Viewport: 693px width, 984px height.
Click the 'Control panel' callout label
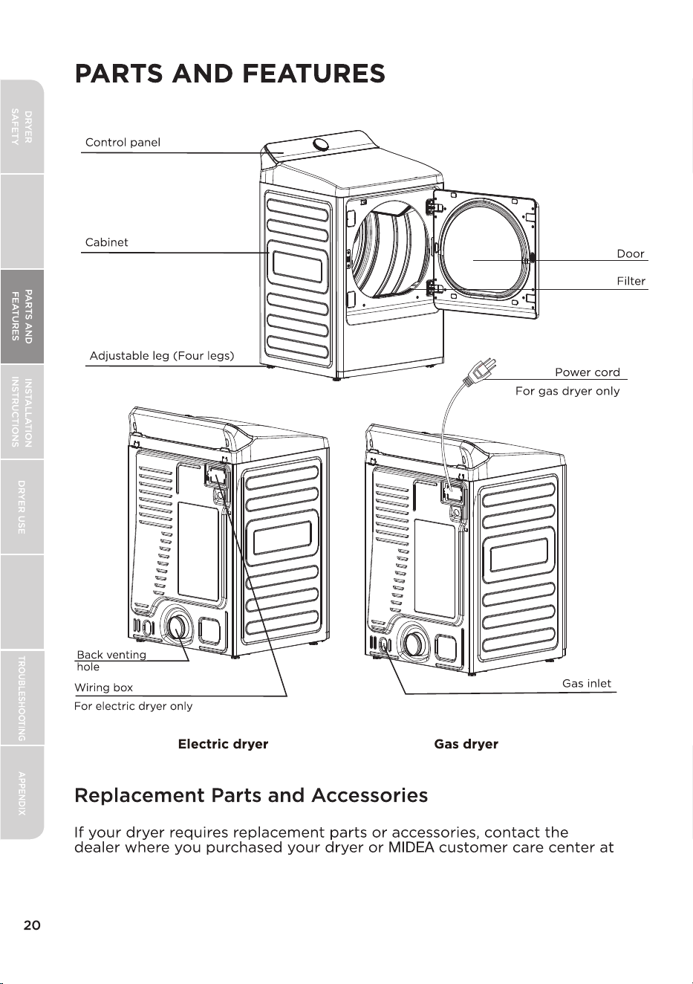click(x=123, y=143)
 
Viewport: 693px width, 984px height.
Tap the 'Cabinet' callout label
click(x=107, y=242)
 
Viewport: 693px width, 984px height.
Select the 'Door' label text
click(x=630, y=253)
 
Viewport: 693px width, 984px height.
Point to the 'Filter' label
click(x=631, y=281)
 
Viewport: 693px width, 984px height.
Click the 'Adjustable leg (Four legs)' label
click(x=162, y=355)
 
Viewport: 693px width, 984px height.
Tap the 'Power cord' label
click(x=588, y=372)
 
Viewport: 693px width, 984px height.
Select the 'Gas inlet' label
click(x=586, y=683)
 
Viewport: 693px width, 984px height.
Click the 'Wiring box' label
click(x=104, y=687)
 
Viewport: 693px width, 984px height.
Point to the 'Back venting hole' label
click(x=111, y=661)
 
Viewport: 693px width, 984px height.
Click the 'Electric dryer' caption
click(x=223, y=744)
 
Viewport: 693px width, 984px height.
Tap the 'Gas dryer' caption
click(x=466, y=744)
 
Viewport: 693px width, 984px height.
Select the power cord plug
click(x=482, y=370)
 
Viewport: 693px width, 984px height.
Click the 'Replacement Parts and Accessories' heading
click(x=251, y=795)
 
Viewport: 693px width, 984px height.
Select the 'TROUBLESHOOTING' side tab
click(x=22, y=698)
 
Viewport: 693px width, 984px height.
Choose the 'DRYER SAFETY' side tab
click(x=22, y=126)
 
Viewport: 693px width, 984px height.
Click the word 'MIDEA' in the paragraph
click(x=411, y=847)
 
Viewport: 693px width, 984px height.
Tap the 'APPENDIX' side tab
click(x=22, y=793)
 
